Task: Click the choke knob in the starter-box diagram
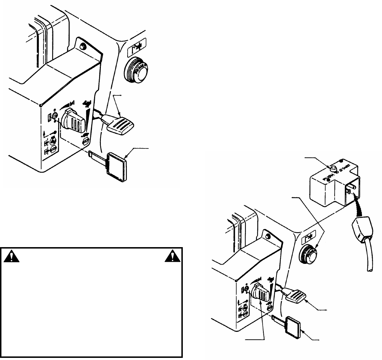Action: point(259,293)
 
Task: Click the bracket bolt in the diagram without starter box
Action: point(83,46)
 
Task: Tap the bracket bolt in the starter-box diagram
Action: point(268,236)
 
